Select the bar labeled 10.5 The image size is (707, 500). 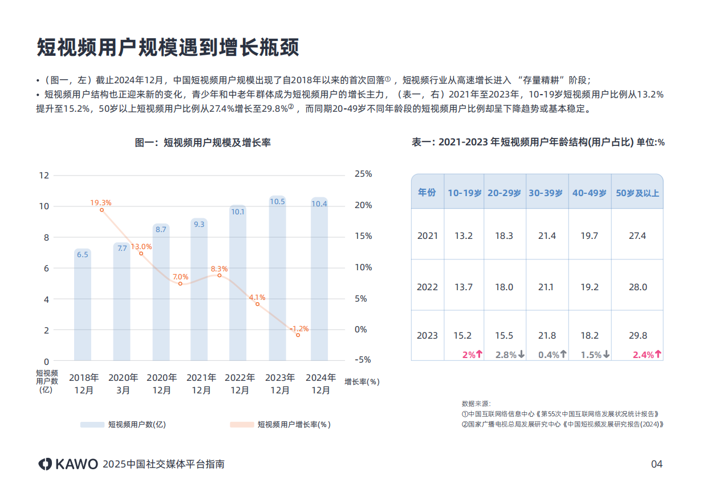277,279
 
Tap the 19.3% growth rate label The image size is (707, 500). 101,202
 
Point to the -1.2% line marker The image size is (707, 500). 298,335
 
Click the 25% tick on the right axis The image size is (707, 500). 363,174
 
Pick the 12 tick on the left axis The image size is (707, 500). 44,175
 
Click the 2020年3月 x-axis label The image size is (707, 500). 123,384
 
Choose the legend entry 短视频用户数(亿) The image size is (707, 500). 123,425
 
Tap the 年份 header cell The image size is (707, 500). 427,193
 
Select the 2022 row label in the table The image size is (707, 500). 427,287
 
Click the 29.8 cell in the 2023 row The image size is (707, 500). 637,336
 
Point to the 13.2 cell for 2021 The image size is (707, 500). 464,235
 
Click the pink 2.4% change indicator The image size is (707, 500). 647,355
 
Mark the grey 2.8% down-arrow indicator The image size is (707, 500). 509,355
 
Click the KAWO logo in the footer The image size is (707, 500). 68,464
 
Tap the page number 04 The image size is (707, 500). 657,464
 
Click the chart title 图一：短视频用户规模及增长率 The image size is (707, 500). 202,143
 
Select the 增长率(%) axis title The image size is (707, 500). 361,382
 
